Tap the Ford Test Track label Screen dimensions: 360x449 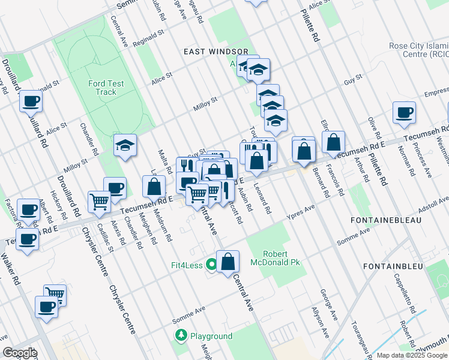(106, 88)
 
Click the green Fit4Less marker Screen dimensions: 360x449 (211, 264)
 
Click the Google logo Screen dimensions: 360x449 (20, 353)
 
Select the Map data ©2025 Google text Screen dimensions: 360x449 (412, 355)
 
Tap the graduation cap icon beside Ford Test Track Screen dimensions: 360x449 (125, 145)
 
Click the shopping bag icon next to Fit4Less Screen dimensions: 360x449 (228, 262)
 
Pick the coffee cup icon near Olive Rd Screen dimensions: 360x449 (404, 112)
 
